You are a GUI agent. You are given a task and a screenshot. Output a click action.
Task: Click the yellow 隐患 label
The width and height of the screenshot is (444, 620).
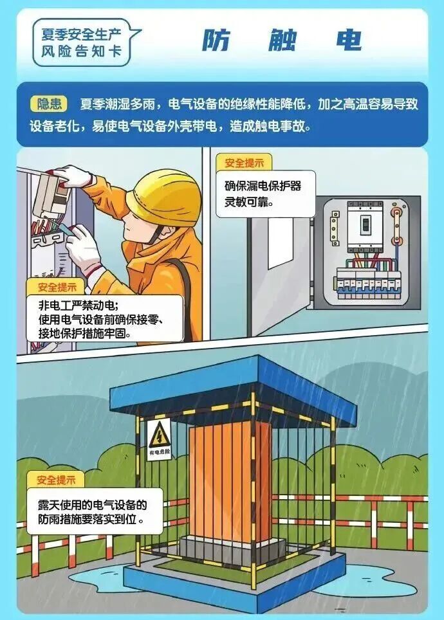(x=49, y=104)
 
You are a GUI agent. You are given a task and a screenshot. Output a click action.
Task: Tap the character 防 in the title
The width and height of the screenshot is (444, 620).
(x=216, y=41)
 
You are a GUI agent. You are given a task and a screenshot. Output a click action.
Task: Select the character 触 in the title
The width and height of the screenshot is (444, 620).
(x=282, y=41)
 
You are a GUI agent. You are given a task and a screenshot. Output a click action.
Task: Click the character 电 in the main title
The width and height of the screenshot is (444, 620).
(x=349, y=41)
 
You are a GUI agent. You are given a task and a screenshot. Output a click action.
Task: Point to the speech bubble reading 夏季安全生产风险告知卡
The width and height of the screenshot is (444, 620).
(x=83, y=42)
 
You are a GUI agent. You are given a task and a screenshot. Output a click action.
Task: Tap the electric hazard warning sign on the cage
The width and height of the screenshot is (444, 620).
(x=160, y=439)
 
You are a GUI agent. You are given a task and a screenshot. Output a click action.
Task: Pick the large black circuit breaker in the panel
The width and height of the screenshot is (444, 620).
(x=365, y=226)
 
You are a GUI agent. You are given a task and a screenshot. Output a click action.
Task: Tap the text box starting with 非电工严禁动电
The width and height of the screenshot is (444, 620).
(x=105, y=319)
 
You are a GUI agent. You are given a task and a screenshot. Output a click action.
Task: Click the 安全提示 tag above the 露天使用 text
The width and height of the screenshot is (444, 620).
(x=56, y=480)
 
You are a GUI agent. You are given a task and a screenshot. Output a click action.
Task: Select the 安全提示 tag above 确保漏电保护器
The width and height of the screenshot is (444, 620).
(x=244, y=163)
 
